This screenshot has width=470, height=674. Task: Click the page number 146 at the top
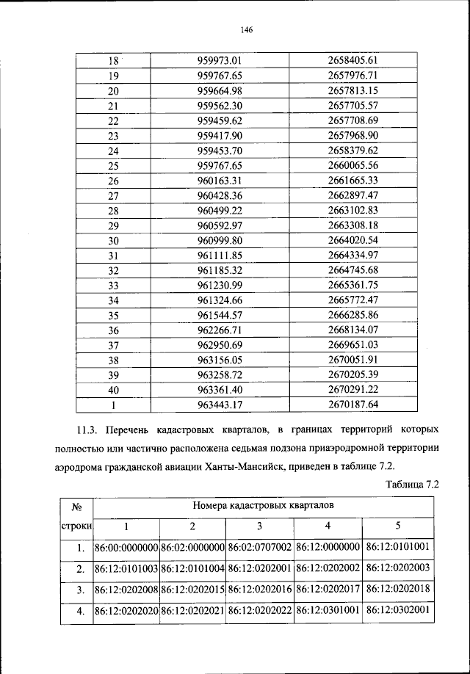246,29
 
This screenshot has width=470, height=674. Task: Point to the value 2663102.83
352,210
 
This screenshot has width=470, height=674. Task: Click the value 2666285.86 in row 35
352,315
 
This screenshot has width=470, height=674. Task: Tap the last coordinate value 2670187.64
352,405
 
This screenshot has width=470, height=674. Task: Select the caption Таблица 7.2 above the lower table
410,485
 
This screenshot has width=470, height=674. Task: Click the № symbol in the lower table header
76,506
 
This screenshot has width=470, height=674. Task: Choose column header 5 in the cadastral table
397,526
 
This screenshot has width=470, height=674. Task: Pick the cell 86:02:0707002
260,548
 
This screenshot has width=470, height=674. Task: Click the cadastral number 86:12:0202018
397,590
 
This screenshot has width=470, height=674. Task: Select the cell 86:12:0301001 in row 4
328,611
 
